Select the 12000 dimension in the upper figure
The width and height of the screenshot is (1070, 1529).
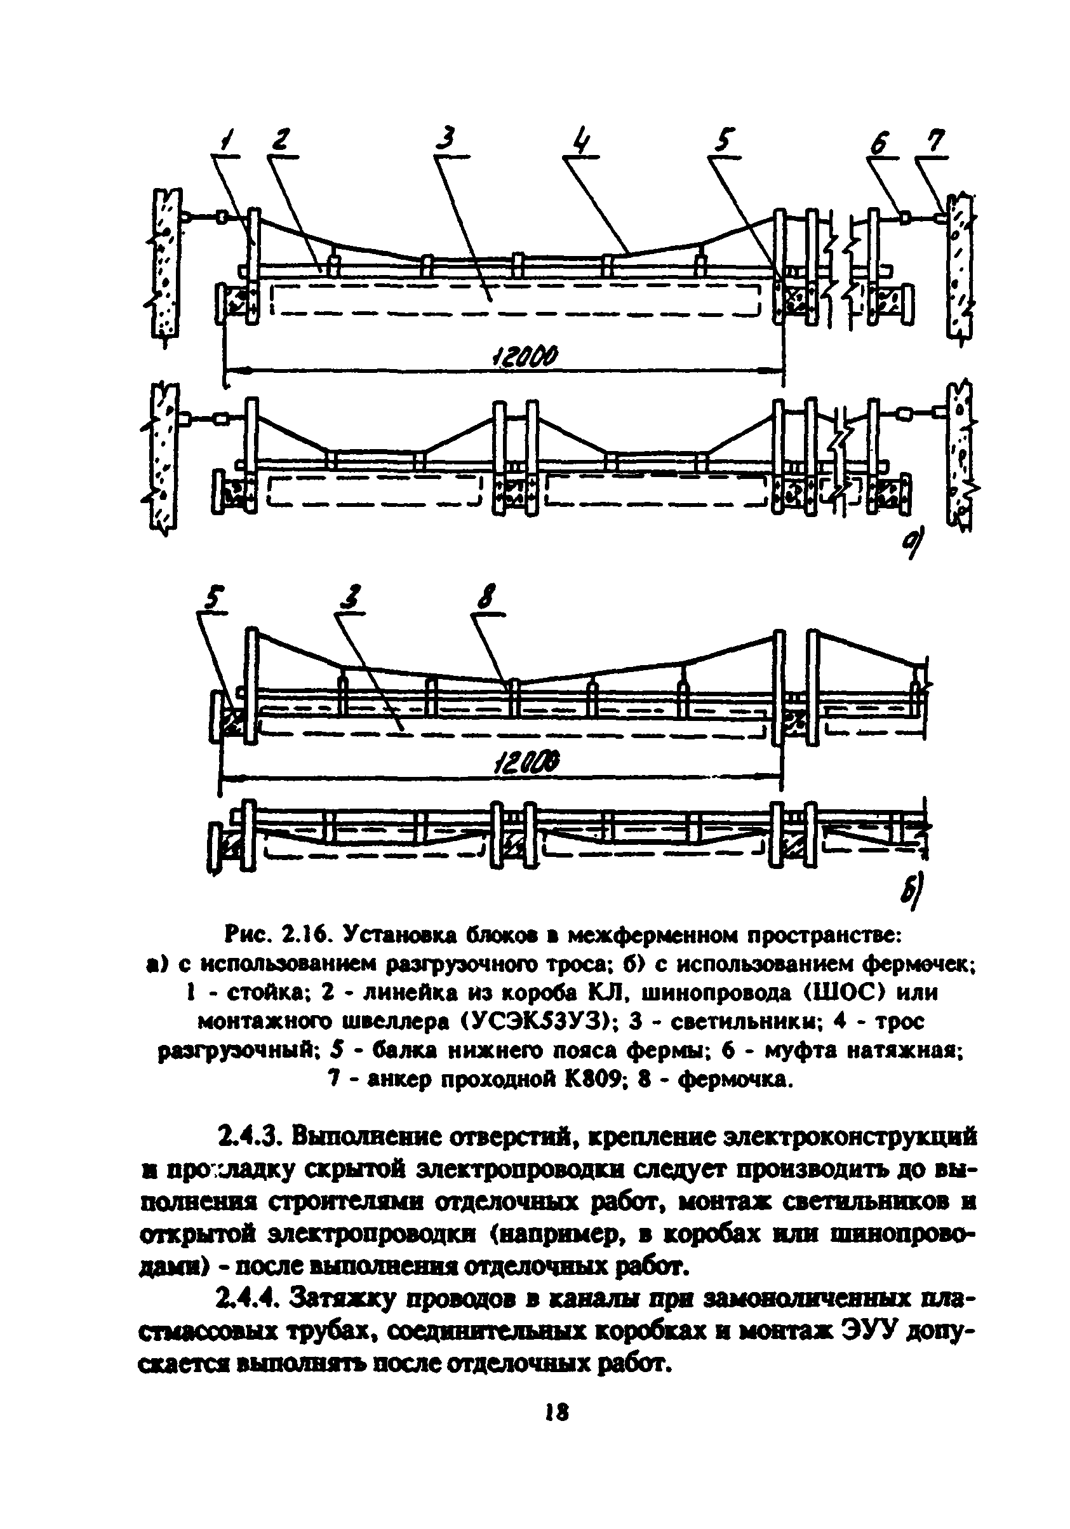[x=524, y=357]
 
